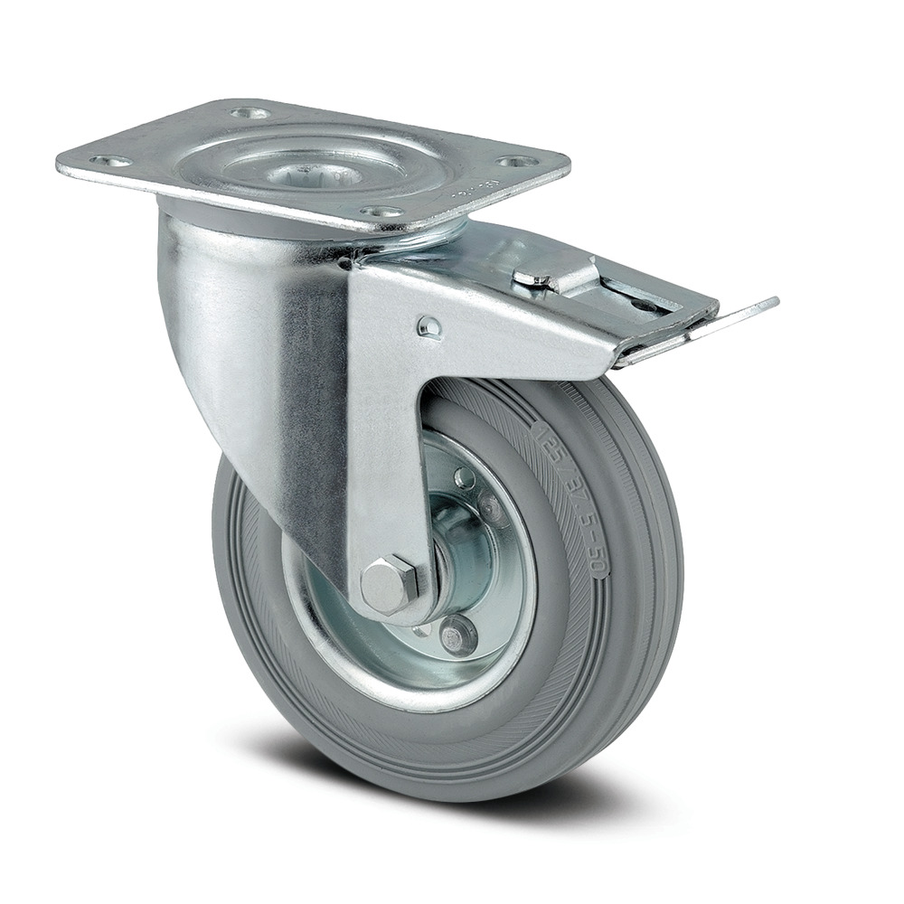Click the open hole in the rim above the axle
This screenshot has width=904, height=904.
pyautogui.click(x=463, y=477)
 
